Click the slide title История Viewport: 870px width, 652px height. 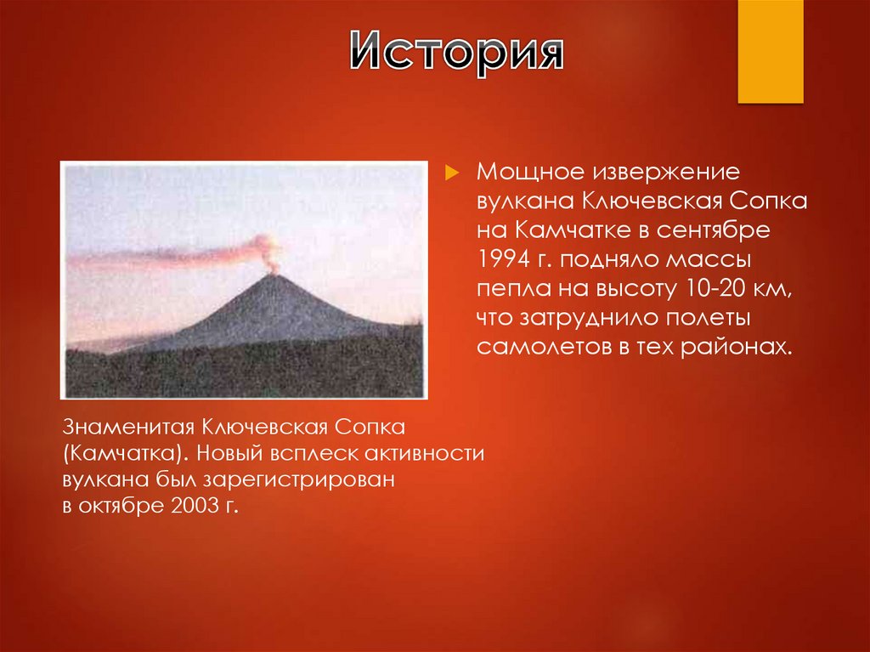pyautogui.click(x=457, y=53)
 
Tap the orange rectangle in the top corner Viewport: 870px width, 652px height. pyautogui.click(x=770, y=51)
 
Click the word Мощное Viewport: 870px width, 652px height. pyautogui.click(x=522, y=173)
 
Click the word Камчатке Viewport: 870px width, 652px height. pyautogui.click(x=579, y=230)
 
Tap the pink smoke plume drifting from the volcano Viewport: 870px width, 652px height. pyautogui.click(x=170, y=256)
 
